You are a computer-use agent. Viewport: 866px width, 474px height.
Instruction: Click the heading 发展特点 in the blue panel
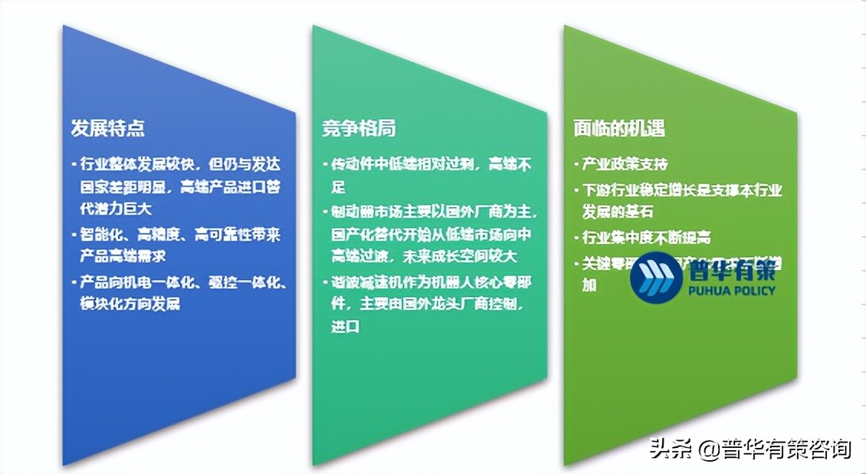(x=107, y=128)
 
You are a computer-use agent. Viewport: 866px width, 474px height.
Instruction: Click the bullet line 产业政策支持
(x=625, y=164)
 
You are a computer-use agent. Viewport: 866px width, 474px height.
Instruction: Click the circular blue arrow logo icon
(x=654, y=278)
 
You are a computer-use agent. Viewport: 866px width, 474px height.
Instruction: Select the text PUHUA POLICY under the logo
(x=730, y=291)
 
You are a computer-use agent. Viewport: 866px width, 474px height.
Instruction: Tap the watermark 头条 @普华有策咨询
(x=750, y=447)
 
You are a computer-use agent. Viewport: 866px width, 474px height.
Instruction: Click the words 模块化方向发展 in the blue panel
(x=130, y=303)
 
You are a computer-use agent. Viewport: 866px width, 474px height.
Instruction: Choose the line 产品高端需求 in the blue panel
(x=123, y=255)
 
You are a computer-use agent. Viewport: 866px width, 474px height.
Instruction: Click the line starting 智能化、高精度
(x=180, y=235)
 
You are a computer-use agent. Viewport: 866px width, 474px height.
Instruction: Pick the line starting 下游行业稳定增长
(x=682, y=190)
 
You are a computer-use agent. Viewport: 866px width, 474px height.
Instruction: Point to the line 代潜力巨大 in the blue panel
(x=115, y=207)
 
